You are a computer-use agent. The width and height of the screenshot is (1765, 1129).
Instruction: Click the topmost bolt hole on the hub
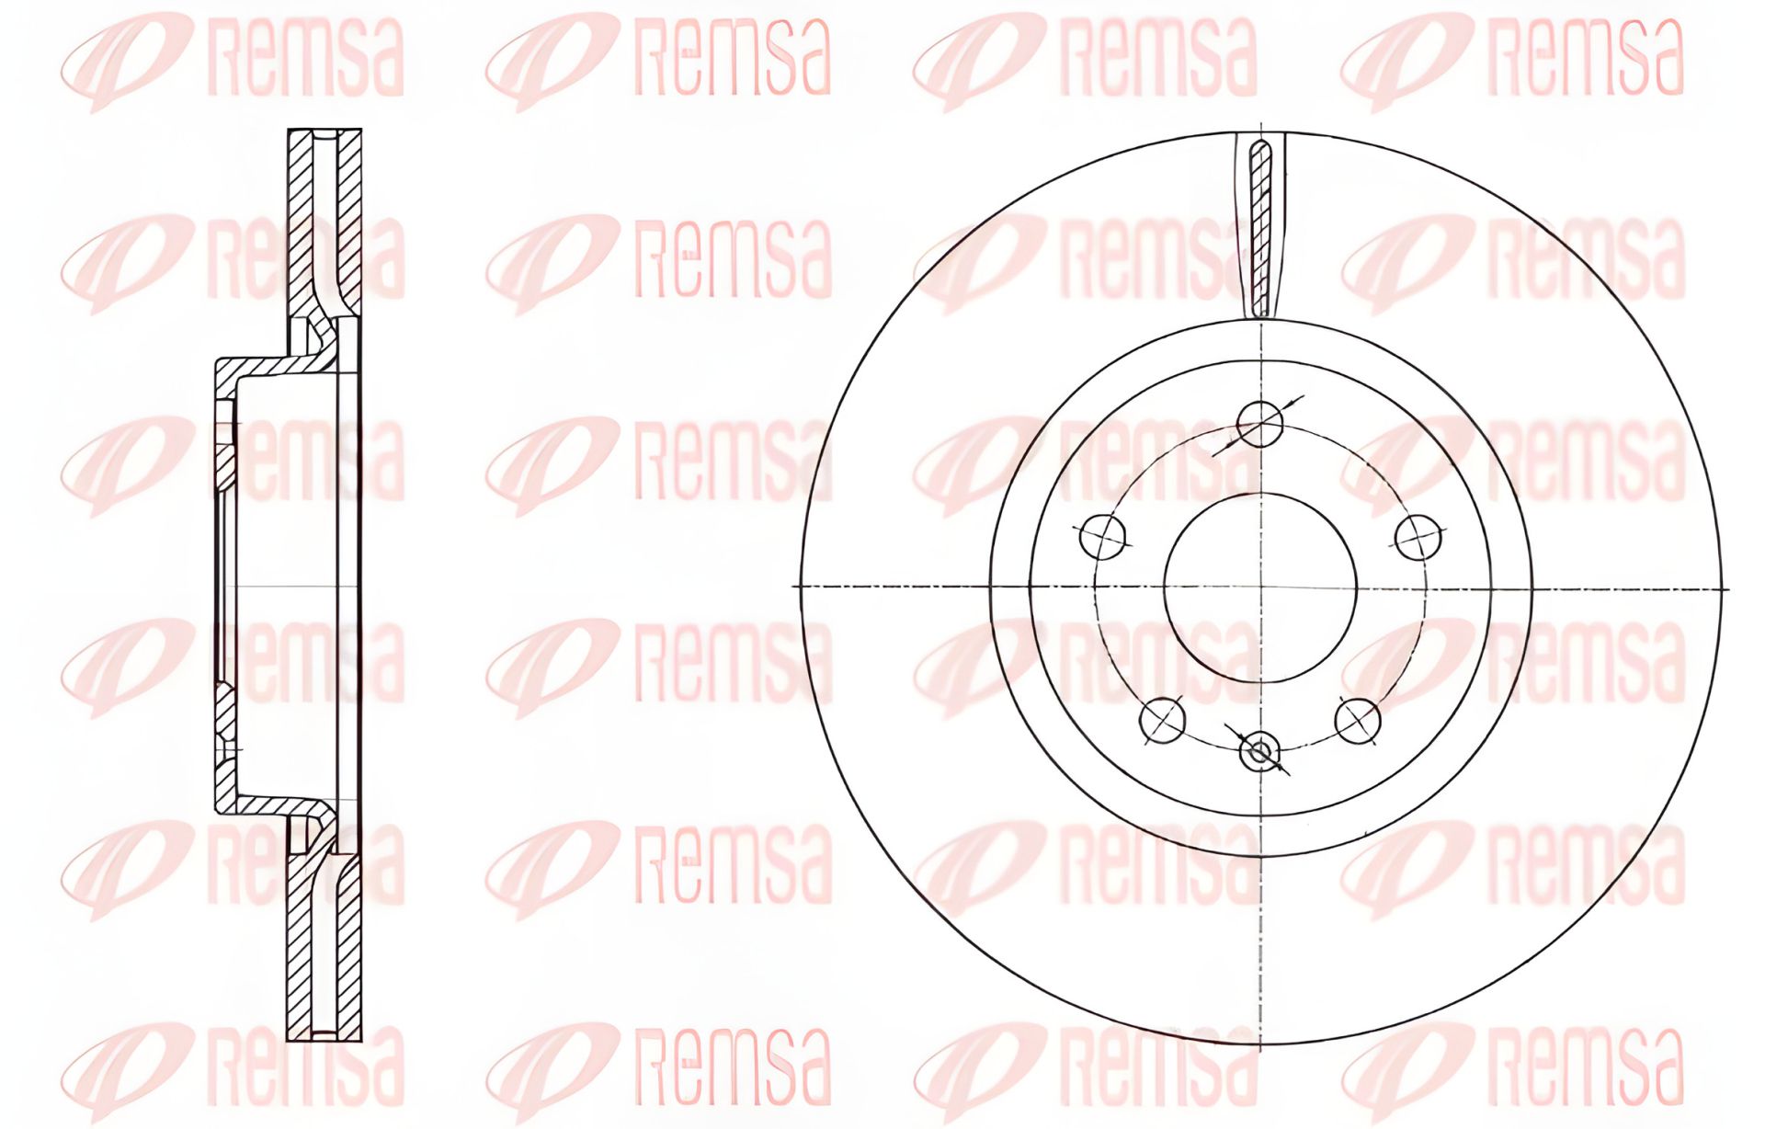(x=1259, y=424)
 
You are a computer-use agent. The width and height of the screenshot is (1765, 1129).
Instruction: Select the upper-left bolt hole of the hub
(x=1103, y=537)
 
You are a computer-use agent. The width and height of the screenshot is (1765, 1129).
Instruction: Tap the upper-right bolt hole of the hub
(x=1418, y=537)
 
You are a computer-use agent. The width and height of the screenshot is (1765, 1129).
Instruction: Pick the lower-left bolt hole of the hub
(x=1162, y=720)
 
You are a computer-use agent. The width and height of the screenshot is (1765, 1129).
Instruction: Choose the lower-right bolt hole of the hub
(x=1358, y=720)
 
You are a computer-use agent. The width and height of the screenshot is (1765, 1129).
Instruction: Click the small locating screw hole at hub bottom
(x=1258, y=753)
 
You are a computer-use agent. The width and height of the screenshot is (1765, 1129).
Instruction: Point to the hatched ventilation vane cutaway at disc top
(x=1260, y=230)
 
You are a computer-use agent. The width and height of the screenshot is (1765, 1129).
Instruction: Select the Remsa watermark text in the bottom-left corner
(x=303, y=1066)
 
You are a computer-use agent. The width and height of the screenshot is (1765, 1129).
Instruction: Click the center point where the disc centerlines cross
(x=1260, y=587)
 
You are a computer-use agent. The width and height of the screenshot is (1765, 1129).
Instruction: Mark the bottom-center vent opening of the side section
(x=325, y=1033)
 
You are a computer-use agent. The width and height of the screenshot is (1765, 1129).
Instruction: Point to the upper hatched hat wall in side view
(x=276, y=364)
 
